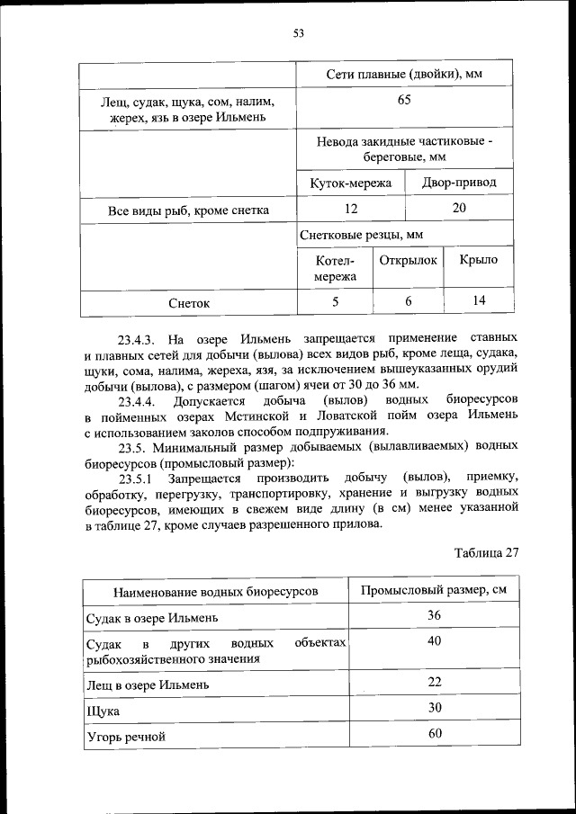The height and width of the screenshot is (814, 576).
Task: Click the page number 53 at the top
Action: [x=299, y=34]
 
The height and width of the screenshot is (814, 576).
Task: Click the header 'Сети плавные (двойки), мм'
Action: [x=404, y=74]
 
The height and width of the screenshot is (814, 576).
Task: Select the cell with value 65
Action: [x=404, y=101]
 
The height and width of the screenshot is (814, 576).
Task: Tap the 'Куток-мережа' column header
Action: [x=351, y=183]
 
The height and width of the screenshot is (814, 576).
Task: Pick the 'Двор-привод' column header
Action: [x=459, y=183]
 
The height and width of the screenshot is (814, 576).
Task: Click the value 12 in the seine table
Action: [x=351, y=209]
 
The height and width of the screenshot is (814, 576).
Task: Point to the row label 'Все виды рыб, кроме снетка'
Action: [x=188, y=210]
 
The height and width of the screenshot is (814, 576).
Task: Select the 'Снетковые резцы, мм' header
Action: [x=362, y=235]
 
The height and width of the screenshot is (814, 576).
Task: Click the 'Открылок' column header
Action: [x=408, y=260]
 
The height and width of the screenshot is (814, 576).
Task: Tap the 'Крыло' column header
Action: [x=478, y=260]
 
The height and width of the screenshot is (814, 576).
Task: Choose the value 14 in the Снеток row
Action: [x=478, y=301]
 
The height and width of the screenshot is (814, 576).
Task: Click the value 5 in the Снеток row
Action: [x=336, y=302]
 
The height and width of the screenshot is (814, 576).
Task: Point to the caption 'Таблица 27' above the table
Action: [x=487, y=552]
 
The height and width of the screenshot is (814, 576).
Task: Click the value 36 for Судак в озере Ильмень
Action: [x=435, y=616]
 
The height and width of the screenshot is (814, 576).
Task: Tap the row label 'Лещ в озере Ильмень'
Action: [x=148, y=684]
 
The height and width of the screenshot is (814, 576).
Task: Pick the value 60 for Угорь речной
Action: [x=435, y=734]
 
